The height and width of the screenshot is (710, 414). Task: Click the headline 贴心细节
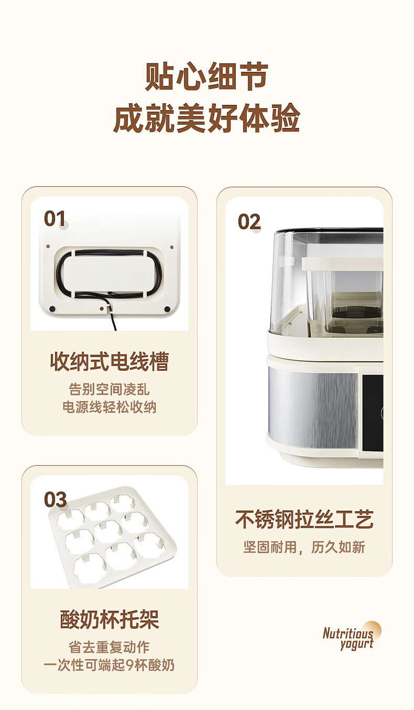tap(207, 77)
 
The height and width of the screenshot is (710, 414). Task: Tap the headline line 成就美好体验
tap(207, 117)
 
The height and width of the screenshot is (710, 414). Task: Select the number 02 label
tap(249, 222)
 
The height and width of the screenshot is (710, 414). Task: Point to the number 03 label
tap(56, 499)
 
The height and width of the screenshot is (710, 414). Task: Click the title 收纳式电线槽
tap(110, 361)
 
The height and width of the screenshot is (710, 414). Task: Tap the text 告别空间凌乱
tap(110, 389)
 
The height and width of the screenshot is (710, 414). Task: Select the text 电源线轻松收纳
tap(110, 407)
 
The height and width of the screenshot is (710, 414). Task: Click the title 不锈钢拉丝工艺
tap(304, 520)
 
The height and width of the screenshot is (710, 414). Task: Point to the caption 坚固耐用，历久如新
tap(304, 547)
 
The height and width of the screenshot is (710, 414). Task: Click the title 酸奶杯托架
tap(110, 619)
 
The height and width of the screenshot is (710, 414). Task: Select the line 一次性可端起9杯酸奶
tap(110, 665)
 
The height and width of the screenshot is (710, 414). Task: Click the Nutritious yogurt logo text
tap(348, 638)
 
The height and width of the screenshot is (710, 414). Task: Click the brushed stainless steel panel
tap(313, 407)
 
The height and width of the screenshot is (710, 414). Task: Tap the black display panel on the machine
tap(373, 413)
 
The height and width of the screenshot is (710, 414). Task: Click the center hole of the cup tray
tap(108, 531)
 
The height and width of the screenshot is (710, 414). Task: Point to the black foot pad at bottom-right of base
tap(167, 309)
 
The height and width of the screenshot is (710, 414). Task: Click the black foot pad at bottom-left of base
tap(52, 308)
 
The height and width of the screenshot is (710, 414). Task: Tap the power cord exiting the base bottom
tap(113, 320)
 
